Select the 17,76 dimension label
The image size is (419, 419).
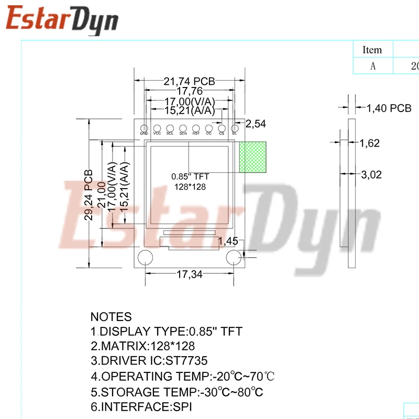click(189, 91)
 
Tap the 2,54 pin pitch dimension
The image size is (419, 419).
click(256, 124)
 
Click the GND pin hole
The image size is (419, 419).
click(144, 128)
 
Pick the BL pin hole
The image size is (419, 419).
click(235, 128)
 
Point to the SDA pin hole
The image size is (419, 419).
click(183, 128)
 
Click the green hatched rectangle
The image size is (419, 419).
click(253, 157)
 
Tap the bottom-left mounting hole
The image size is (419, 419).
click(145, 258)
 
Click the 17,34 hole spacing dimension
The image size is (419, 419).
click(189, 274)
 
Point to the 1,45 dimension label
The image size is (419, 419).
click(228, 241)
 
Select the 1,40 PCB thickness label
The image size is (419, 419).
click(389, 108)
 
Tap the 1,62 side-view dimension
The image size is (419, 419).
click(369, 143)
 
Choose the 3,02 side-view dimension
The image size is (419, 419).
click(372, 175)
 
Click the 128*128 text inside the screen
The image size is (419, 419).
click(189, 187)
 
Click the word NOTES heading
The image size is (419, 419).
click(111, 317)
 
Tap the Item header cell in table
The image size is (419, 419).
click(372, 50)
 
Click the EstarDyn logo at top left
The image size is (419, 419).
click(62, 20)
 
